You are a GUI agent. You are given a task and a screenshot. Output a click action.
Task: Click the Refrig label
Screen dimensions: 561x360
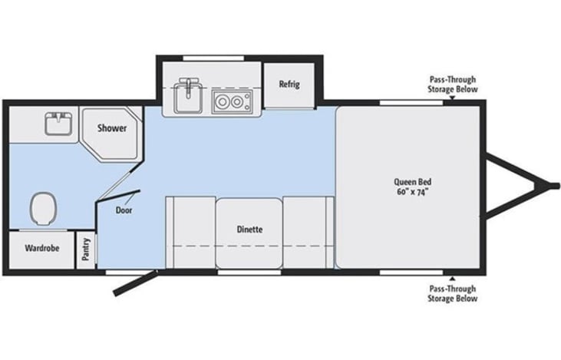289,84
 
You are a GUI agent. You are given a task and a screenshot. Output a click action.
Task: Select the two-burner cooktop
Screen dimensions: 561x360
232,101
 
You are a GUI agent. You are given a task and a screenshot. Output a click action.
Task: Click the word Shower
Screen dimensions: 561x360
112,127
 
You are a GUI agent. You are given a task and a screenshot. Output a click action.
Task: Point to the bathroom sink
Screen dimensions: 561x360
58,124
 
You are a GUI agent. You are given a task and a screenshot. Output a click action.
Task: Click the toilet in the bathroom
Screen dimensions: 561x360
43,209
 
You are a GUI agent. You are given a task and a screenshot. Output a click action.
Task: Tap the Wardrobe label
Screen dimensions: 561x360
42,248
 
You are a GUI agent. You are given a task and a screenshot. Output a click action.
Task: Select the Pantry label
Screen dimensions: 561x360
86,249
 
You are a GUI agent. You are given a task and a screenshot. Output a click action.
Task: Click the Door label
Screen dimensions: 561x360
124,210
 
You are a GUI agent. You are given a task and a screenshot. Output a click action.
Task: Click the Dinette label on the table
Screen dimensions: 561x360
249,230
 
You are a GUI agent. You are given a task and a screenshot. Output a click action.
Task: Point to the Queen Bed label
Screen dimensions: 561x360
413,182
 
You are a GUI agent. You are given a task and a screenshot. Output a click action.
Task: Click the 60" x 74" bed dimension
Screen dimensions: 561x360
413,192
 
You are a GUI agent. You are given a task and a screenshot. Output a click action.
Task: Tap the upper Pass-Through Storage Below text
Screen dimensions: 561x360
453,84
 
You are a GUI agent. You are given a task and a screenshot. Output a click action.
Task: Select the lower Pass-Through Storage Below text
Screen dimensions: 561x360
453,293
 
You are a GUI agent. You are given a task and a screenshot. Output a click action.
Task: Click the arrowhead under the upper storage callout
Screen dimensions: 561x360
452,97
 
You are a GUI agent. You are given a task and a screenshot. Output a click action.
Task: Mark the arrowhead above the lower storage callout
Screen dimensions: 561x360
452,279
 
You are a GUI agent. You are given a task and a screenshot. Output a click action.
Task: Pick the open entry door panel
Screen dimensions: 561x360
135,283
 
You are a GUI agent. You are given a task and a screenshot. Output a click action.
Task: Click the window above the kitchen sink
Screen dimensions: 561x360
213,58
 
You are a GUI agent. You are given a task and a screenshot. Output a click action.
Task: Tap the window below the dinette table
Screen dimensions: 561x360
249,272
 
